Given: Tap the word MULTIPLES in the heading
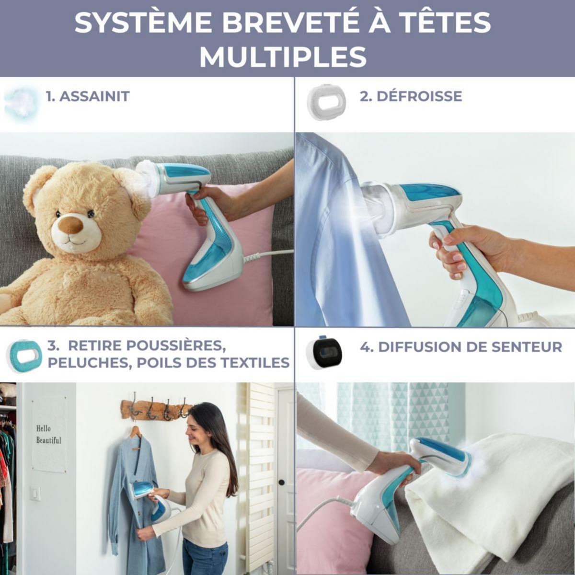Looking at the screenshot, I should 283,57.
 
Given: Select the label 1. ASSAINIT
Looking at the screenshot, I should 88,96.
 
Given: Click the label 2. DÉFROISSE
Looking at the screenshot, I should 411,96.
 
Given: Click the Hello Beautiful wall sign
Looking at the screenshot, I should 49,434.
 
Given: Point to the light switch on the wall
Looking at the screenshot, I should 35,494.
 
